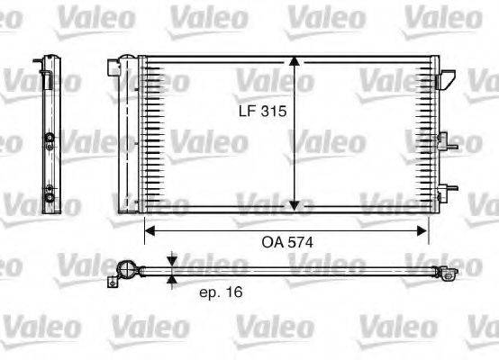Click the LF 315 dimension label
262,112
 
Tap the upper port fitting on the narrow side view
48,139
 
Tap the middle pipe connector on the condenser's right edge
443,139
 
